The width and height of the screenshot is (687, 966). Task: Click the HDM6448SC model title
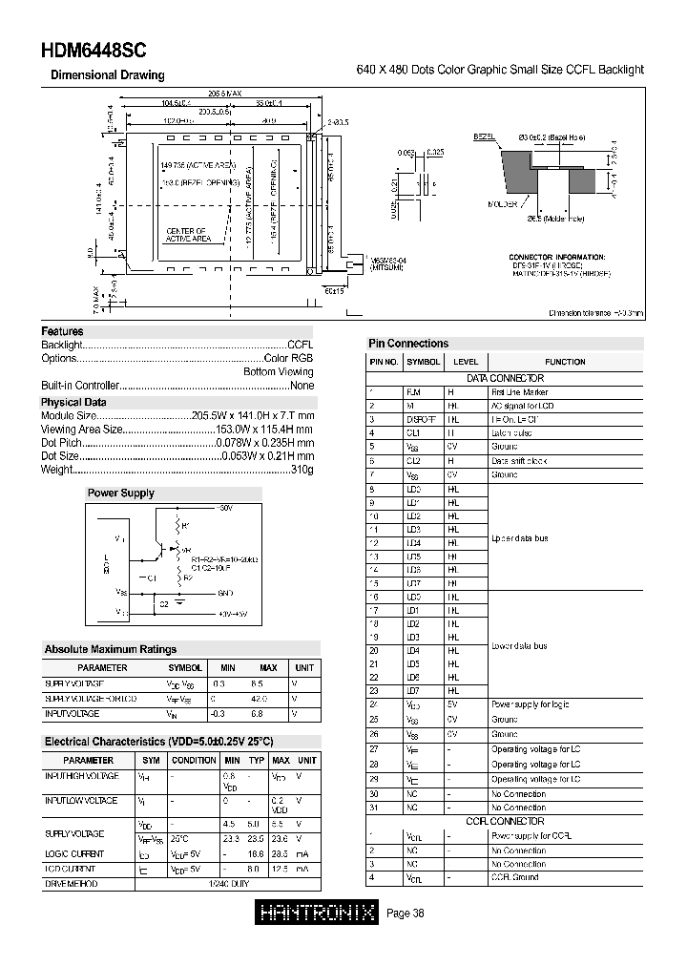pos(94,52)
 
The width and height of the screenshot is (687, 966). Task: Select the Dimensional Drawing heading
pos(107,75)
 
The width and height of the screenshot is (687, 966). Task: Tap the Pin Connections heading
pos(408,344)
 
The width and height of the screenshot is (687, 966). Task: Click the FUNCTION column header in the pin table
pos(565,363)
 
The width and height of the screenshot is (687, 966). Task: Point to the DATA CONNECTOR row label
pos(505,379)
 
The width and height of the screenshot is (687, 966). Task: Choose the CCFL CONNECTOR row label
pos(505,822)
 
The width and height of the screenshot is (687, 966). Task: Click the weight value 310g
pos(302,471)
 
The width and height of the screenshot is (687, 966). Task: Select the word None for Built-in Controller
pos(302,386)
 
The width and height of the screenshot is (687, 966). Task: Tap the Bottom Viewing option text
pos(278,372)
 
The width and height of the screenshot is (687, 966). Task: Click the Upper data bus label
pos(519,539)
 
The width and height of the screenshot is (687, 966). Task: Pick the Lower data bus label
pos(519,646)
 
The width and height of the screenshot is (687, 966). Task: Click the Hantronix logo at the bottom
pos(318,913)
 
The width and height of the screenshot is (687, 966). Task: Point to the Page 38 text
pos(406,913)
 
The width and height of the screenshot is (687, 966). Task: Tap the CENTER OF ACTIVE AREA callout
pos(186,236)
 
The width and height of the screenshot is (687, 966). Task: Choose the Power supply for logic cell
pos(531,705)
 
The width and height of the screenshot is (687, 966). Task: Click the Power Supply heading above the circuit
pos(120,493)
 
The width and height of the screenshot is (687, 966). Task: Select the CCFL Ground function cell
pos(515,877)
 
